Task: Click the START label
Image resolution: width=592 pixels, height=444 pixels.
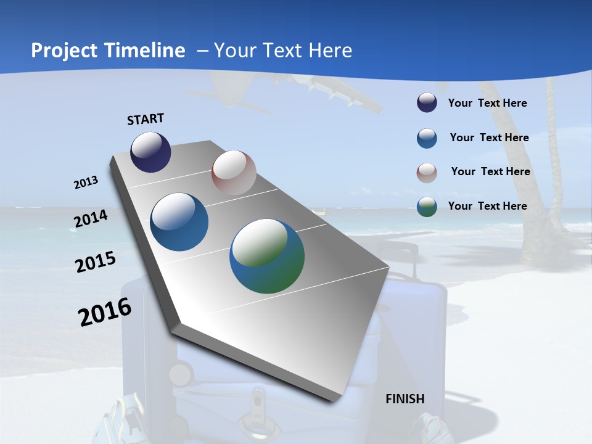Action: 146,119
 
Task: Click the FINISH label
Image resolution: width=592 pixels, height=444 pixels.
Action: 405,399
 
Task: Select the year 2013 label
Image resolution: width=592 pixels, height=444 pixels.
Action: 86,182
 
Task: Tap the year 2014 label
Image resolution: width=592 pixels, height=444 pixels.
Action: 91,219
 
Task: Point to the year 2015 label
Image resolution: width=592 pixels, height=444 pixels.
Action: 96,262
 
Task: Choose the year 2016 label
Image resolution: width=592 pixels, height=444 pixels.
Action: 105,312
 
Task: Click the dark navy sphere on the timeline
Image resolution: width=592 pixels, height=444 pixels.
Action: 150,152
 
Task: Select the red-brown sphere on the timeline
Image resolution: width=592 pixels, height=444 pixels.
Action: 234,173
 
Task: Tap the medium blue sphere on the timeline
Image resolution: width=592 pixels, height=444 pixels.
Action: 179,222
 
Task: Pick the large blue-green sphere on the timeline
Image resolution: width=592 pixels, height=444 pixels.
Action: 267,256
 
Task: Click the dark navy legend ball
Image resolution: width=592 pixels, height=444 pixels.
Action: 427,103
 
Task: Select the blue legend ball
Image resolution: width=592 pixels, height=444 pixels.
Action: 427,138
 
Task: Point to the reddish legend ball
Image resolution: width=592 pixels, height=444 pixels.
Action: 427,173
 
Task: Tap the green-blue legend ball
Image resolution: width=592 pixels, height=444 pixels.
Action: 427,207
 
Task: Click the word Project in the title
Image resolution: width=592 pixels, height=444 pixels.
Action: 64,51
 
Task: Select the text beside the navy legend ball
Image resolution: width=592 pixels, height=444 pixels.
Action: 487,103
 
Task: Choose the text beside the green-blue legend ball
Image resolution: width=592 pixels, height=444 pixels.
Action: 487,206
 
